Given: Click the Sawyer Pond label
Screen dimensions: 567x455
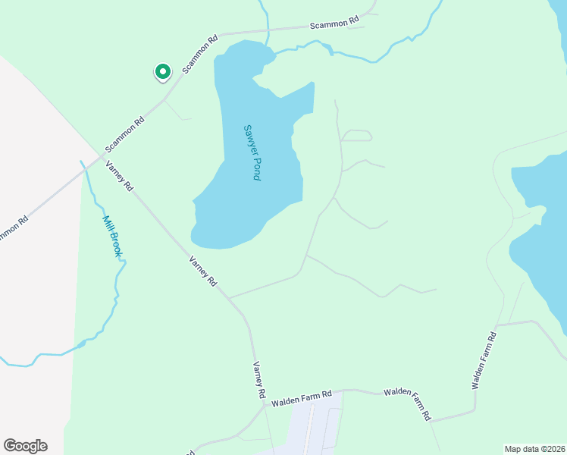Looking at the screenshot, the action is [252, 152].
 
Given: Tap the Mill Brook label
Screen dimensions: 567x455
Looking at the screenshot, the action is [111, 236].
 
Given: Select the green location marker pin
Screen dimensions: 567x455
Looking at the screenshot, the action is [162, 71].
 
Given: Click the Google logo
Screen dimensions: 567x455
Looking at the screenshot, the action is [25, 446].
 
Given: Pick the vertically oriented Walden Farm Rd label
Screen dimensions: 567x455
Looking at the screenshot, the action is [484, 360].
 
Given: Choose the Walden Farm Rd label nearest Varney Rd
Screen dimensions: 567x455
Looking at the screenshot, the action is [302, 395].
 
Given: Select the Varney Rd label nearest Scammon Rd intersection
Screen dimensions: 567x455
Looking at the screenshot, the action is [120, 176].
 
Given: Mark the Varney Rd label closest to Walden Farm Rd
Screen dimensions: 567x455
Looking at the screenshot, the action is [258, 379].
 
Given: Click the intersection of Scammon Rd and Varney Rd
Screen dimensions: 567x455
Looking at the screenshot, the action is [102, 155].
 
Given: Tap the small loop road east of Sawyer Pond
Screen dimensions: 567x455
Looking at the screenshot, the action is [357, 136].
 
